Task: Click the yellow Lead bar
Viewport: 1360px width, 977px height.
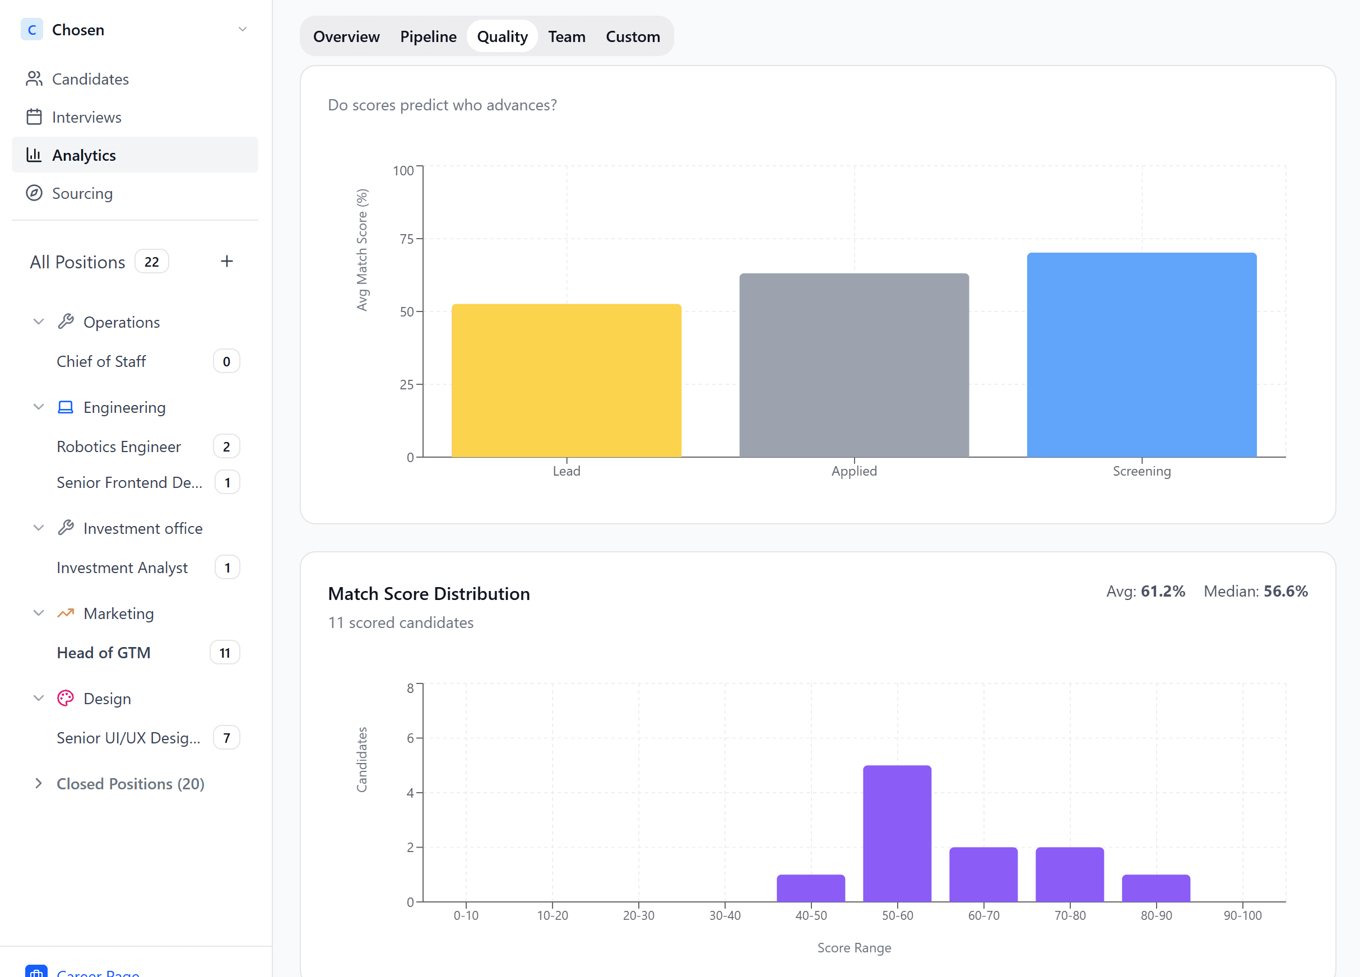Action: (566, 380)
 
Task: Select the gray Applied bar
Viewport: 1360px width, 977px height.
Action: (853, 366)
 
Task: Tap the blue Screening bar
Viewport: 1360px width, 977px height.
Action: (1141, 355)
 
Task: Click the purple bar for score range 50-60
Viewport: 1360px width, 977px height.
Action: (897, 833)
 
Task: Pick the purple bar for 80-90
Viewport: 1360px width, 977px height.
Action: (1155, 888)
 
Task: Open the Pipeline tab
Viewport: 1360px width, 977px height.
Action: (428, 36)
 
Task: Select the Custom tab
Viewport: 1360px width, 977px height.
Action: (632, 36)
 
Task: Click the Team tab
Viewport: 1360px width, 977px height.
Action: (566, 36)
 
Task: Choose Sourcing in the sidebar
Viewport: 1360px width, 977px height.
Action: (82, 193)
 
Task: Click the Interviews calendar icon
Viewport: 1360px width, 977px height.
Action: (34, 117)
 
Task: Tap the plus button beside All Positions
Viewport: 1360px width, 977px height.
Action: (226, 261)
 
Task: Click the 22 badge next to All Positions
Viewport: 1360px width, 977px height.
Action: (152, 262)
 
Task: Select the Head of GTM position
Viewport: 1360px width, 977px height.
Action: (104, 652)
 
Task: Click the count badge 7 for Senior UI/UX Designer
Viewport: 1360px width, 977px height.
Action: (226, 737)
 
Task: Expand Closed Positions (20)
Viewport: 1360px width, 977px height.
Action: (130, 783)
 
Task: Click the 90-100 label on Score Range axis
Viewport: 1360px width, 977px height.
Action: (1242, 915)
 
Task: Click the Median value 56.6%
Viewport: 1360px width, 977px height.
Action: (1285, 591)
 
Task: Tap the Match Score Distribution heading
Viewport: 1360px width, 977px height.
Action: (429, 593)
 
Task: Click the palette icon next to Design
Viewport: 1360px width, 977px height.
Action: (66, 698)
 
